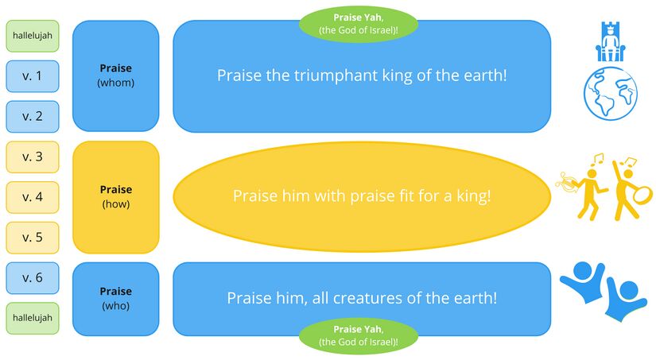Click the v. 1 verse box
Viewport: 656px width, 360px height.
click(x=32, y=76)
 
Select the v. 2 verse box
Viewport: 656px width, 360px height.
click(x=32, y=116)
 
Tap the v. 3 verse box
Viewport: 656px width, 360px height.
click(x=32, y=157)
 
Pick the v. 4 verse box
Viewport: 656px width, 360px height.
click(x=32, y=197)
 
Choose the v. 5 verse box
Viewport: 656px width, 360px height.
click(x=32, y=238)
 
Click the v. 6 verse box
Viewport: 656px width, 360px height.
click(x=32, y=277)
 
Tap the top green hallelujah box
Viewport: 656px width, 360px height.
click(x=32, y=36)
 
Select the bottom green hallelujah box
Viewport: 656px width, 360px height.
click(x=32, y=318)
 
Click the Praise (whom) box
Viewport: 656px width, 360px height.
click(x=115, y=75)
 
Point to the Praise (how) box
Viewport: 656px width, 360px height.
click(x=115, y=196)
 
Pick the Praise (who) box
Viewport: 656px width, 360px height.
click(x=115, y=298)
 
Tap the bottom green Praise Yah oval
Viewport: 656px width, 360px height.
click(x=358, y=335)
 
